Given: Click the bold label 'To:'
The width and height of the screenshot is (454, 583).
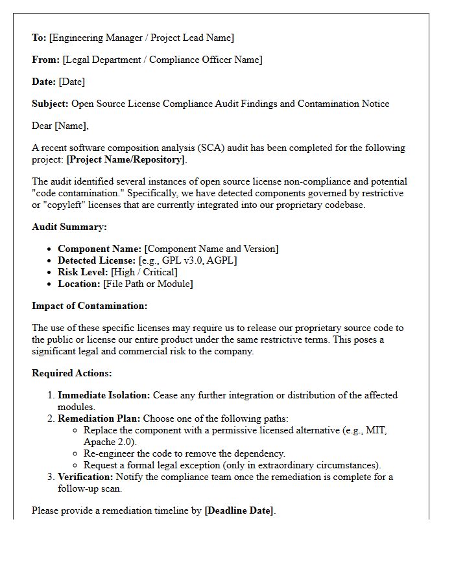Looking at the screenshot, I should [39, 38].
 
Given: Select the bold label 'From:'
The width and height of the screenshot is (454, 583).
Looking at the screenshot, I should [45, 60].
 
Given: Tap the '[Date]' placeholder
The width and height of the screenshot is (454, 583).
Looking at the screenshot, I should [72, 82].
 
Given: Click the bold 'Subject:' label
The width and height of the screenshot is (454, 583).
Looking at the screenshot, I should [50, 104].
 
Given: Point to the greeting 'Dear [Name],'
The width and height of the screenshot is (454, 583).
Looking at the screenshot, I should [60, 126].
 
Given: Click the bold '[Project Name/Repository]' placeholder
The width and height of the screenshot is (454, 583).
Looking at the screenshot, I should [126, 159].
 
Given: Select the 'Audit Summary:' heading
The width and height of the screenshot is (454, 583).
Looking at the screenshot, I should [69, 227].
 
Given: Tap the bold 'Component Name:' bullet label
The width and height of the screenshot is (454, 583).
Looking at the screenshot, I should [99, 249].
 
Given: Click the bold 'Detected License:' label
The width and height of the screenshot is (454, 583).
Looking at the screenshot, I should [97, 260].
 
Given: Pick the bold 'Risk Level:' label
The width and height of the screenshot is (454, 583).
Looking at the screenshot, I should [83, 272].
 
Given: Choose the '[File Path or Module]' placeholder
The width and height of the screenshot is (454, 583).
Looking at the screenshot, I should [148, 284].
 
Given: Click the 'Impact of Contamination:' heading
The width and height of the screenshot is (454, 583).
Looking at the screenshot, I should [90, 306].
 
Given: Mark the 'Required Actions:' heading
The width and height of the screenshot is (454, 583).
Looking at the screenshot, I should [72, 373].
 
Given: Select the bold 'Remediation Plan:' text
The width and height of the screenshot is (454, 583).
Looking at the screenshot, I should [99, 418].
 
